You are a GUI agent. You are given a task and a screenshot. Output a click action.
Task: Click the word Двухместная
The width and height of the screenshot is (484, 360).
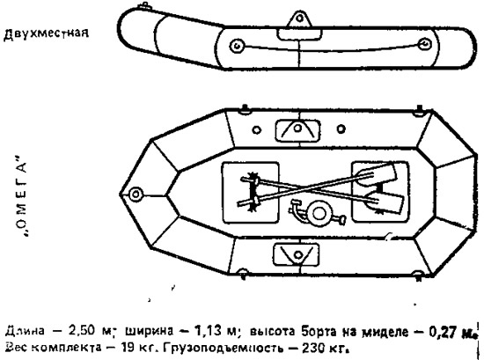click(46, 33)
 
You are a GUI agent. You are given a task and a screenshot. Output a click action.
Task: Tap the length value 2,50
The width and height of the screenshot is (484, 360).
click(82, 331)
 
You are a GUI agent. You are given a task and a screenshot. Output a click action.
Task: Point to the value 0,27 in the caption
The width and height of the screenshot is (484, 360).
click(444, 332)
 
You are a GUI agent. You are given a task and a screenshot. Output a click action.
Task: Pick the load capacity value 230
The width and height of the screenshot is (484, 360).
click(312, 348)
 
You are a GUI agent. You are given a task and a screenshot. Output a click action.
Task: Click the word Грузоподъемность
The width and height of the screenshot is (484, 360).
click(223, 349)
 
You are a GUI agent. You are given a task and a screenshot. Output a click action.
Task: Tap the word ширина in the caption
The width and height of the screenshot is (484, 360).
click(149, 331)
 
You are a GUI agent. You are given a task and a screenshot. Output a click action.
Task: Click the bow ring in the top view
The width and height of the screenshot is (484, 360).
click(136, 195)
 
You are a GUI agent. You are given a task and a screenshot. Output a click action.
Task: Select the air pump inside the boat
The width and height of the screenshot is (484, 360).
click(317, 212)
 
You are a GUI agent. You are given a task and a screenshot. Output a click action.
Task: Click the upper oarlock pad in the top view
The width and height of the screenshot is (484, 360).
click(297, 130)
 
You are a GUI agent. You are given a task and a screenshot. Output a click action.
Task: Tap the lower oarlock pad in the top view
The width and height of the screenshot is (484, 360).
click(297, 254)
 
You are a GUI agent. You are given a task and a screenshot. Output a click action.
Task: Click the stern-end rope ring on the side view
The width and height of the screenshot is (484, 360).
click(425, 44)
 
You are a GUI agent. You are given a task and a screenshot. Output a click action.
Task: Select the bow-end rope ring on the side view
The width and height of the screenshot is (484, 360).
click(237, 47)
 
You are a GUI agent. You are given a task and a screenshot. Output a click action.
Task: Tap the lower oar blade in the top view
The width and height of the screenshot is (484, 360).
click(385, 202)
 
